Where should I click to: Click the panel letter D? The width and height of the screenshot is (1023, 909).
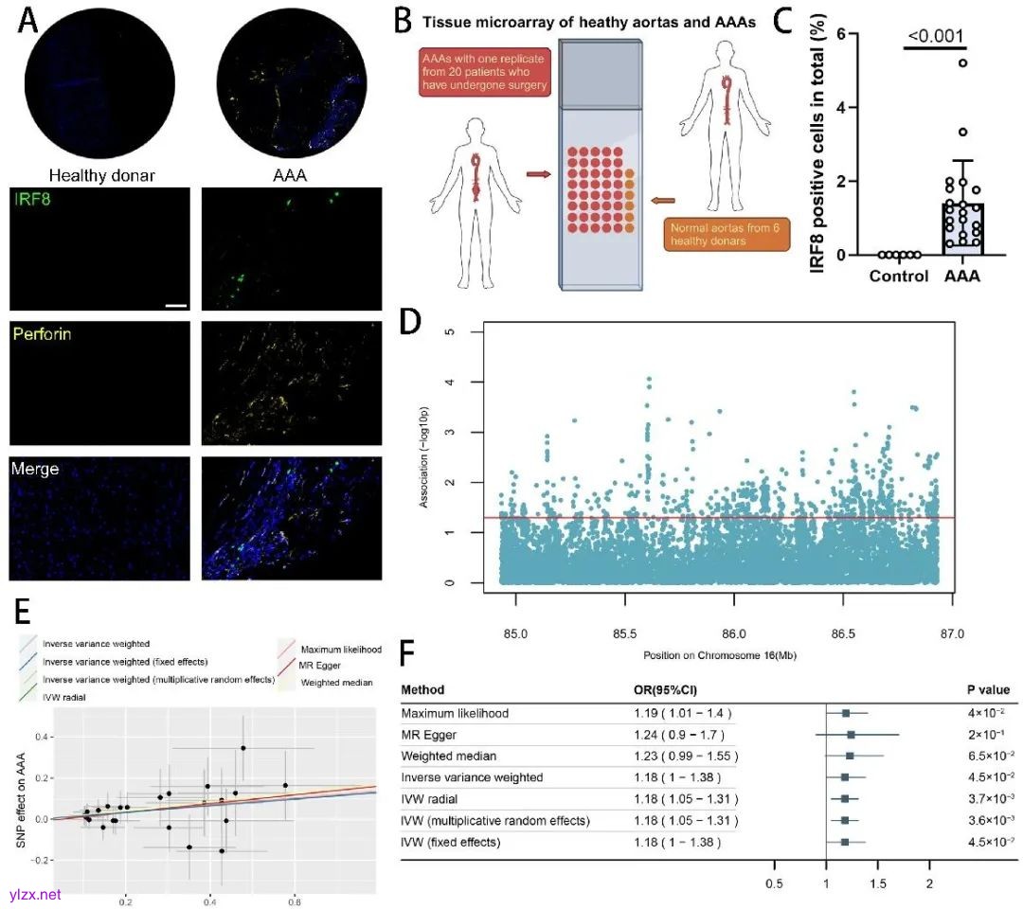click(411, 320)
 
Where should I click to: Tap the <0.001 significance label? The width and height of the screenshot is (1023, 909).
click(935, 37)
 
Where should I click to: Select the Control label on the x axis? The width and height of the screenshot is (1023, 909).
click(899, 278)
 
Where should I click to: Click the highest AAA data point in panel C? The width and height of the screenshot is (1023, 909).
click(962, 62)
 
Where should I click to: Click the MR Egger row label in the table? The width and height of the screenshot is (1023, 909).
click(430, 734)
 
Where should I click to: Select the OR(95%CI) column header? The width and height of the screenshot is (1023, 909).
click(672, 689)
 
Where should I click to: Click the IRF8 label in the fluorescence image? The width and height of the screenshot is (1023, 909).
click(29, 199)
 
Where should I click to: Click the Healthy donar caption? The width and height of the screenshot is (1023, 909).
click(101, 174)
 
